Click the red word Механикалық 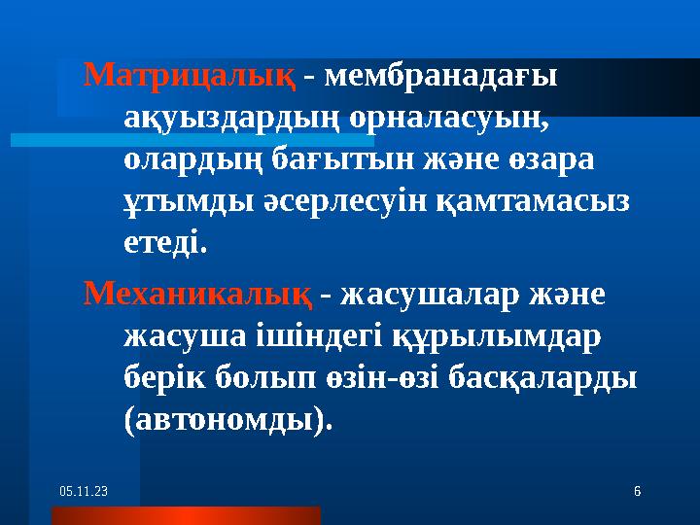(197, 293)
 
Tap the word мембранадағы (440, 75)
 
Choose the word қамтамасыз (530, 201)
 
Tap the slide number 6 (637, 493)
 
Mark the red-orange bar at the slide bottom (185, 515)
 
